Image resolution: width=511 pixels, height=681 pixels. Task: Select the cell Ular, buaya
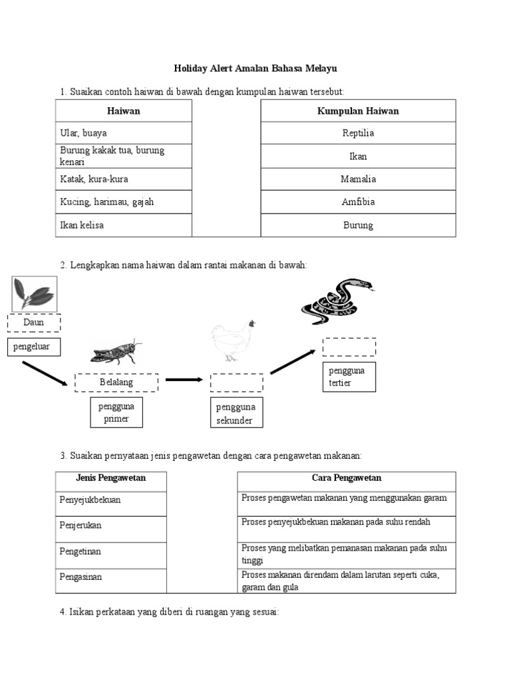click(124, 133)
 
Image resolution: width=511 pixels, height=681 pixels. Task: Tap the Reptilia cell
click(358, 133)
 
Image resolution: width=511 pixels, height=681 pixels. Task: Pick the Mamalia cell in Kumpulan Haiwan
click(358, 179)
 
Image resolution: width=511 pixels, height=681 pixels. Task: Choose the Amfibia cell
click(358, 202)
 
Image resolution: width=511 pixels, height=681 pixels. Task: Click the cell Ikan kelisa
click(124, 225)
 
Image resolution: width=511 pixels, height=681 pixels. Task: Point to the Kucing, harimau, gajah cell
click(124, 202)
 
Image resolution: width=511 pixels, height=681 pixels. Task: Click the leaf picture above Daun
click(35, 293)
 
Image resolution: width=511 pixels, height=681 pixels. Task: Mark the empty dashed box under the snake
click(349, 346)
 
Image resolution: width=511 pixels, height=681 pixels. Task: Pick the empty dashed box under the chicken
click(237, 382)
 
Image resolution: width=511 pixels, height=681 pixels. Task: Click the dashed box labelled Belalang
click(116, 382)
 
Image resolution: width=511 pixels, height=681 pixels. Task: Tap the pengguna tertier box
click(349, 376)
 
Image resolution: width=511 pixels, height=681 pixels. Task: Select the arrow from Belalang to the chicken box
click(184, 380)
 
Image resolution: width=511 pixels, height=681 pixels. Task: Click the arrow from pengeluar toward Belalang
click(45, 373)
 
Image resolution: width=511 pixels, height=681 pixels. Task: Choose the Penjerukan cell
click(110, 525)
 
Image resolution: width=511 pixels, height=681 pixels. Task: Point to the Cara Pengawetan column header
click(346, 478)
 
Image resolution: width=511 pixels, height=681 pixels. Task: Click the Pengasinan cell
click(110, 577)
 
